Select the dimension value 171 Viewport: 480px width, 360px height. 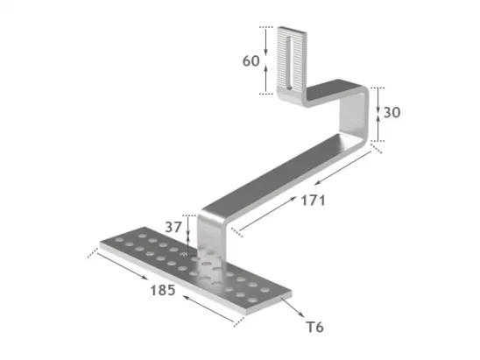click(x=312, y=200)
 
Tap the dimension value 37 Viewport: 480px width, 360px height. click(x=175, y=227)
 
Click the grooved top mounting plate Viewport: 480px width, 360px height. click(x=291, y=66)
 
